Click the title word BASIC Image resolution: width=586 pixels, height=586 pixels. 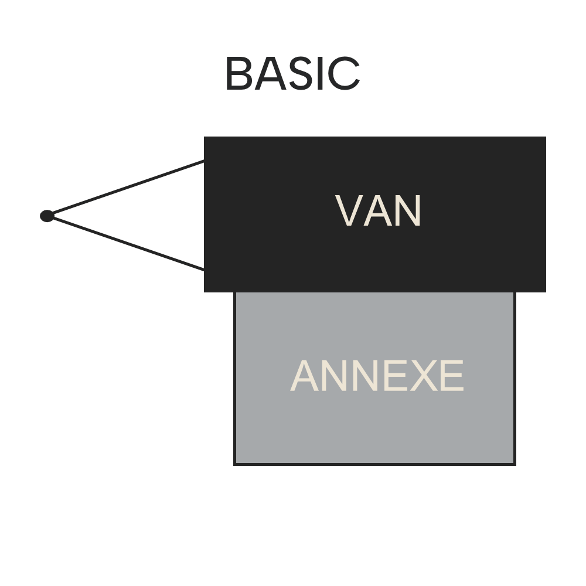[x=292, y=74]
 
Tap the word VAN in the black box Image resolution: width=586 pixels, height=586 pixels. [x=378, y=211]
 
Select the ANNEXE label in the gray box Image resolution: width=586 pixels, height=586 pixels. [x=377, y=376]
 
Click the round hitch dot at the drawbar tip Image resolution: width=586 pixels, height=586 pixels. [x=47, y=216]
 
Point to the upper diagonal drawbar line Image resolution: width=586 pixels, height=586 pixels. [x=126, y=188]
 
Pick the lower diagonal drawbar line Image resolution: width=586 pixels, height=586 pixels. [x=126, y=243]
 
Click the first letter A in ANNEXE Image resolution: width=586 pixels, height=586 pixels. [x=305, y=376]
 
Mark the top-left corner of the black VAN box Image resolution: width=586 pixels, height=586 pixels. [x=205, y=137]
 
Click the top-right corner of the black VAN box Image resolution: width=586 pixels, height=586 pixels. [x=546, y=137]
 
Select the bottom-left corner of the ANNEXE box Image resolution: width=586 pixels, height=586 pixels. [x=235, y=464]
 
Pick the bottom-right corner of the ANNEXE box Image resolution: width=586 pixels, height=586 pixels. [x=515, y=464]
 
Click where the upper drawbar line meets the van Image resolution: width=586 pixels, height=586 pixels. [x=204, y=161]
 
